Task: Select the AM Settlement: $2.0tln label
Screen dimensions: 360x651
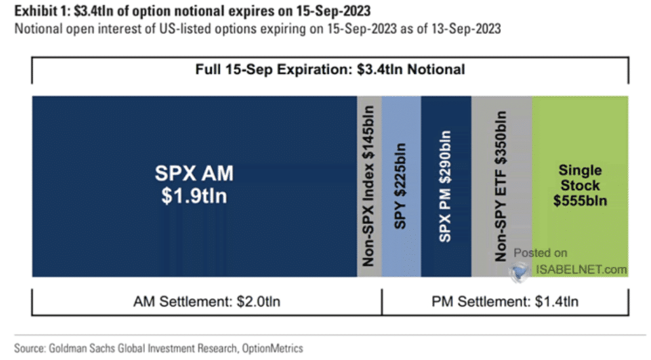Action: [x=205, y=301]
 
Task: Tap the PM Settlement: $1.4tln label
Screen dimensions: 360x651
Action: [x=505, y=301]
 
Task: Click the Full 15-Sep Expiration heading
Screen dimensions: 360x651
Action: [x=330, y=69]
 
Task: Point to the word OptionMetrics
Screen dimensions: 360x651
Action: [x=275, y=348]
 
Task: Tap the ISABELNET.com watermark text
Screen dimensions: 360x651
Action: [x=581, y=270]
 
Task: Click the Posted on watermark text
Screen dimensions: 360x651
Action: [x=540, y=253]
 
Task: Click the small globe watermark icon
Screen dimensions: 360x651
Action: [x=519, y=272]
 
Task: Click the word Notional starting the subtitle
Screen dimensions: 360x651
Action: [x=35, y=29]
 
